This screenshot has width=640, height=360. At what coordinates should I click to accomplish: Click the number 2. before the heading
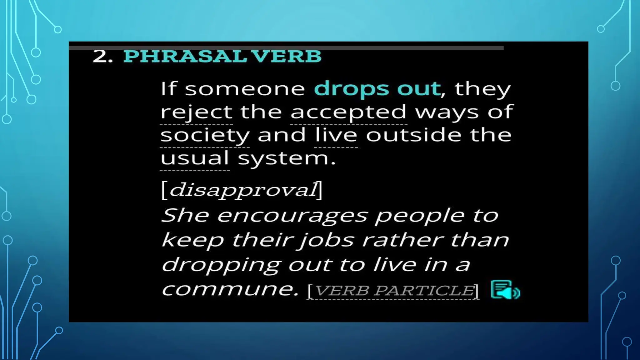pyautogui.click(x=102, y=57)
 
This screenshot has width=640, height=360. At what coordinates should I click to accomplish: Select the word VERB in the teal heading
pyautogui.click(x=286, y=57)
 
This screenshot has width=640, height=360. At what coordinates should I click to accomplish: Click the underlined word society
pyautogui.click(x=205, y=136)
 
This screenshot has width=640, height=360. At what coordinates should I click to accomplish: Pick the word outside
pyautogui.click(x=413, y=135)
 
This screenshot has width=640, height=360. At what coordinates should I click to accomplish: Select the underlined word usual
pyautogui.click(x=195, y=158)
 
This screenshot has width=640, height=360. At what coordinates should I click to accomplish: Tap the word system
pyautogui.click(x=287, y=159)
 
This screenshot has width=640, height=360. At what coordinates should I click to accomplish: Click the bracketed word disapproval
pyautogui.click(x=242, y=190)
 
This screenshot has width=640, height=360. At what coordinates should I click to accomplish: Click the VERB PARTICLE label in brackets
pyautogui.click(x=393, y=291)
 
